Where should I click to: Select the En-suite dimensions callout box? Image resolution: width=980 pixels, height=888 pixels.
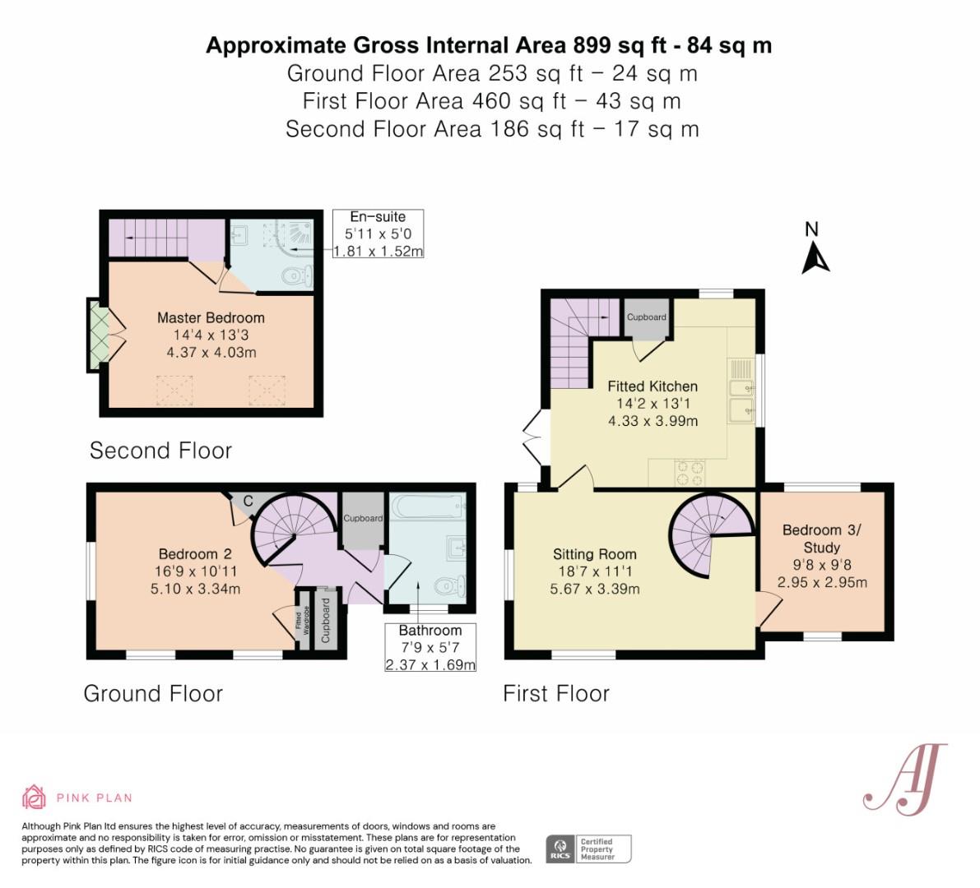[x=378, y=234]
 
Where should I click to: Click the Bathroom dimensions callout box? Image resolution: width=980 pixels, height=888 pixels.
[x=430, y=647]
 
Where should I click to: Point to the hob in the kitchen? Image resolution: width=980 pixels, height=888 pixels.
[x=690, y=472]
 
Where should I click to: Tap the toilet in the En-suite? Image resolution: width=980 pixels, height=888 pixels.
[x=293, y=277]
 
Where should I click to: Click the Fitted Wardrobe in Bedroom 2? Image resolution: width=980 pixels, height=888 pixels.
[x=302, y=617]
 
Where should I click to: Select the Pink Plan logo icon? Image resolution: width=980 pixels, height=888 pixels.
[x=34, y=797]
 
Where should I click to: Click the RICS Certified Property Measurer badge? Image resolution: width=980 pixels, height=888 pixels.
[x=589, y=849]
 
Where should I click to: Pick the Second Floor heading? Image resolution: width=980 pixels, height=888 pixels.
[x=160, y=450]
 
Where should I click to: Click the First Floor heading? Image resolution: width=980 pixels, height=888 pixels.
[x=556, y=693]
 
